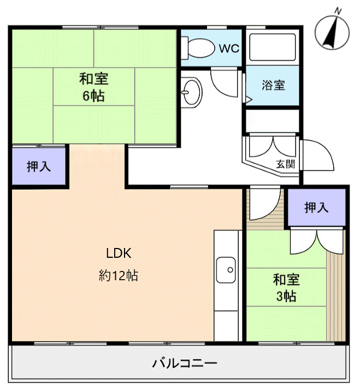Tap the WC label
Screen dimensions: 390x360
(229, 48)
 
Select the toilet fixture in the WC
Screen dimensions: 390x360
(199, 48)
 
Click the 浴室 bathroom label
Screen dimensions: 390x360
(273, 85)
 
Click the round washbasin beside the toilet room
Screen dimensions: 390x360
(191, 91)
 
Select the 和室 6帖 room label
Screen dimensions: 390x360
(94, 87)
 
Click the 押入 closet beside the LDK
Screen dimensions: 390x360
(39, 167)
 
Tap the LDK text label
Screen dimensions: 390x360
(119, 253)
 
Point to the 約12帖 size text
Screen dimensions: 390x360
(119, 276)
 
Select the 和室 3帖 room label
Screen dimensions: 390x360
(286, 288)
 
